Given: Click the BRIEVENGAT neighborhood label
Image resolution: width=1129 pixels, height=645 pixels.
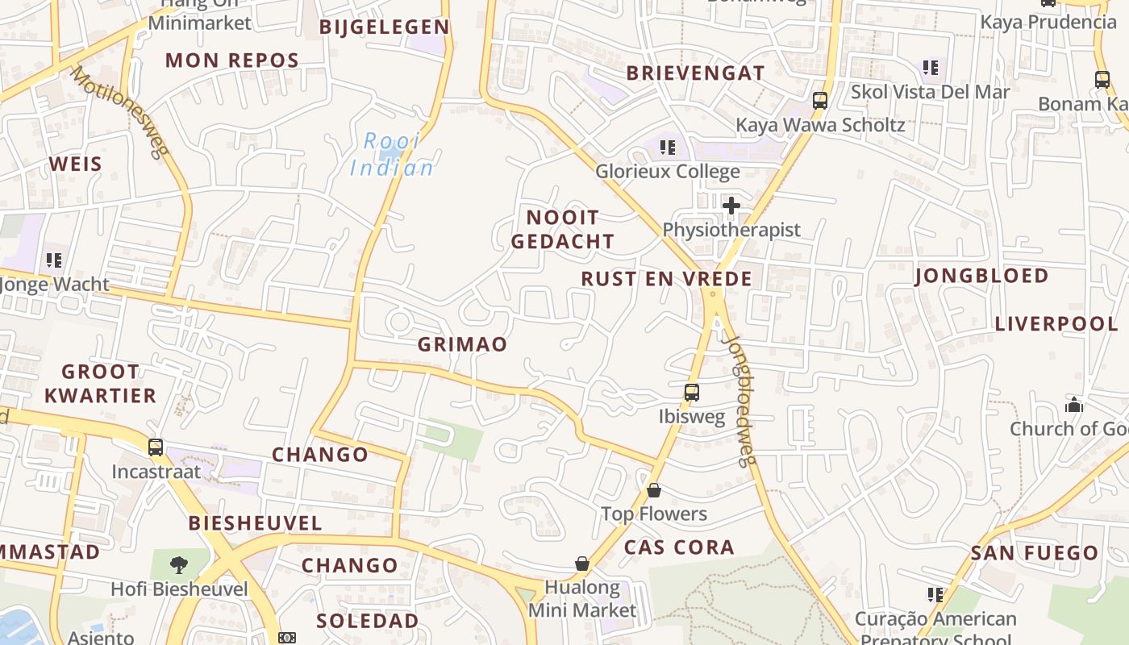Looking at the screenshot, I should pos(695,73).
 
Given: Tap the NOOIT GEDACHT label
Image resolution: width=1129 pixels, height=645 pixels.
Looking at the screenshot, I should pos(563,229).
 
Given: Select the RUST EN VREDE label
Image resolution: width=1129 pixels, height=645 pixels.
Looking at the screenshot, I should pos(666,279).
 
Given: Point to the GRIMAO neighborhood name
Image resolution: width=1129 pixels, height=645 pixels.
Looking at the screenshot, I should pos(462,344).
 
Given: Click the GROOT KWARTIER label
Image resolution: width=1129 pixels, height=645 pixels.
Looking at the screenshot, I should pos(101,383).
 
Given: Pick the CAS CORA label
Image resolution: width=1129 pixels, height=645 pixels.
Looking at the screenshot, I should pos(679,547).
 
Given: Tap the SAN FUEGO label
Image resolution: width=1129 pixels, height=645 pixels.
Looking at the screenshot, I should pos(1035,553).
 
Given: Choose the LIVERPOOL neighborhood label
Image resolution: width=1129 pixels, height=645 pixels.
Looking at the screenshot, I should pos(1056,324).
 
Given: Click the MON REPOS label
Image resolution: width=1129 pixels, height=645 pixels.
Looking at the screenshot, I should pos(232,60).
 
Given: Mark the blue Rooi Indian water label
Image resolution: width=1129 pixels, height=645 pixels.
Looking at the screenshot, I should pos(392,155).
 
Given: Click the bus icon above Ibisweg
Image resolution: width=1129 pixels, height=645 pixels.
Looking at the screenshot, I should pos(692,393).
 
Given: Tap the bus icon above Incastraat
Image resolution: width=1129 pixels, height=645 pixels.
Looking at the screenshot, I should pos(156,447).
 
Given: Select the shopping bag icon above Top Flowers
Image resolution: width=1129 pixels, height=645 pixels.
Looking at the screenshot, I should pos(654,490).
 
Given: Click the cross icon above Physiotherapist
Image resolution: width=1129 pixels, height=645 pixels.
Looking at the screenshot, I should pos(731,206).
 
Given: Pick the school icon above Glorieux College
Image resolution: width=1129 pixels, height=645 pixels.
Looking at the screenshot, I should pos(667,147).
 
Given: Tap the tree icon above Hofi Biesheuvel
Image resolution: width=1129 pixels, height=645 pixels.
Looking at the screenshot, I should pos(179,564).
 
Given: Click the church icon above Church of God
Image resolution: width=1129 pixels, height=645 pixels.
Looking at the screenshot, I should pos(1074,404).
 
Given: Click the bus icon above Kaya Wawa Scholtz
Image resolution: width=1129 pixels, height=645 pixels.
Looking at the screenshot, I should pos(820,101).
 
